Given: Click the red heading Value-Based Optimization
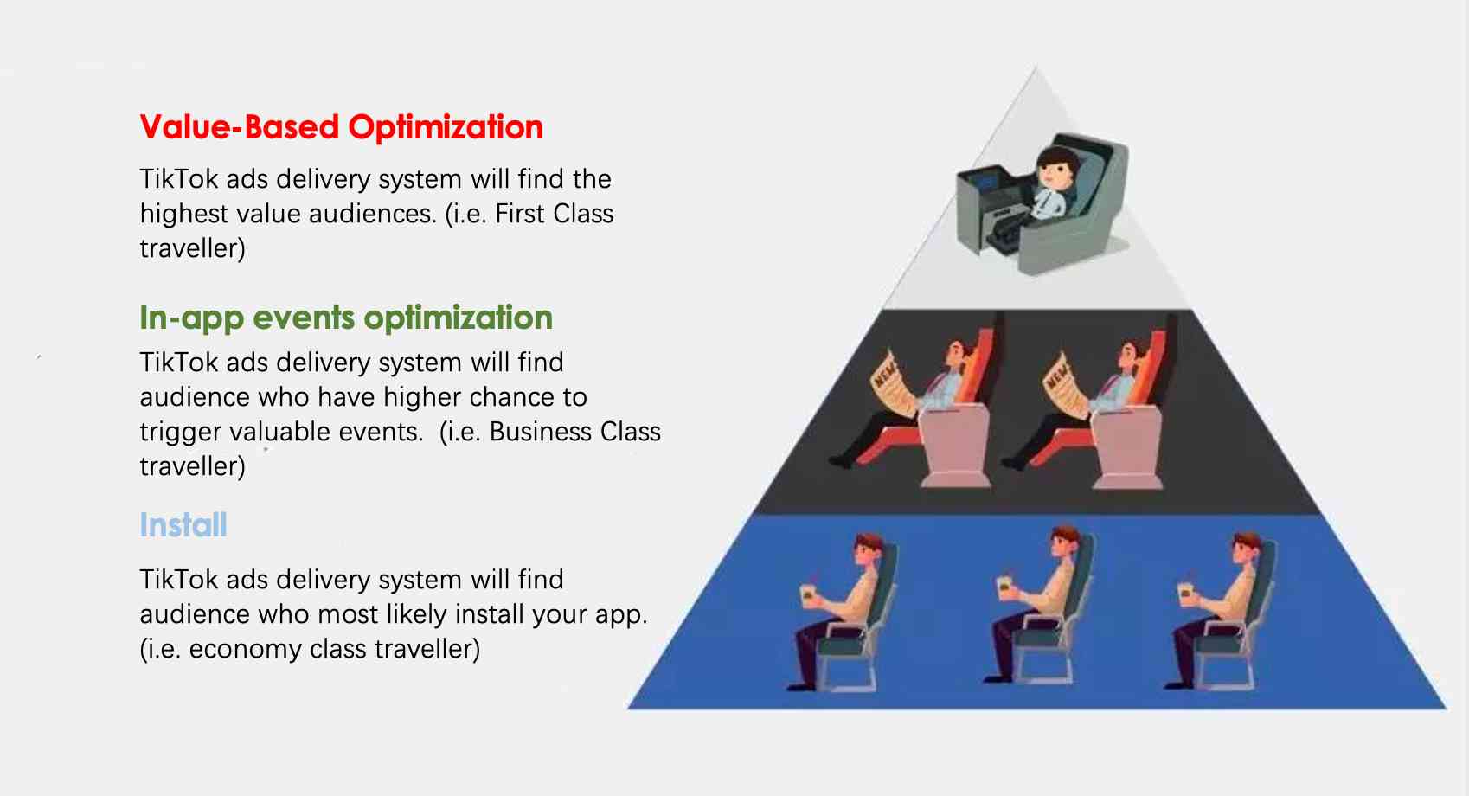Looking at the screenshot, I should (341, 127).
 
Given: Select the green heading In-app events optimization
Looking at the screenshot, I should (345, 318).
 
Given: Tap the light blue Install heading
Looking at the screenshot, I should (183, 525).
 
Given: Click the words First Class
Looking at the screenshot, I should (554, 214).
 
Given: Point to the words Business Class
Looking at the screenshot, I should (574, 432).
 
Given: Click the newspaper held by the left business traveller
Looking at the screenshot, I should (891, 381).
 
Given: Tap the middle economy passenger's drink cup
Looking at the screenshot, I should (1005, 586).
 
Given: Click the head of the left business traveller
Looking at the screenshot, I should (957, 353).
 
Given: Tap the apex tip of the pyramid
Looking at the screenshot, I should (1036, 69).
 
